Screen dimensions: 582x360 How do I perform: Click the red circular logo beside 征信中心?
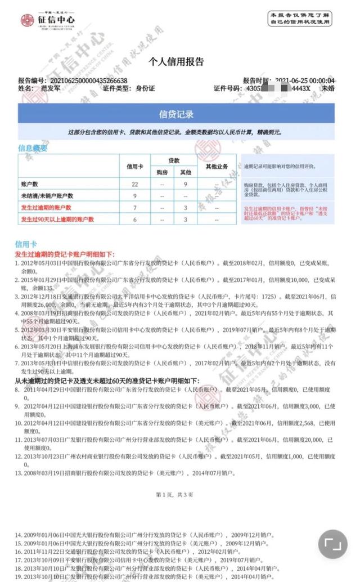coord(27,21)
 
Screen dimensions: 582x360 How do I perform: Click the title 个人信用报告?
coord(175,62)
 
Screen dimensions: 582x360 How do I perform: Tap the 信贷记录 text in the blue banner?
coord(176,114)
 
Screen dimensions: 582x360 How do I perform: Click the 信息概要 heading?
coord(33,149)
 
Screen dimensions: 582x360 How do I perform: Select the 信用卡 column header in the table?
coord(135,167)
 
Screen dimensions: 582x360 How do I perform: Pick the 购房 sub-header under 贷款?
coord(162,172)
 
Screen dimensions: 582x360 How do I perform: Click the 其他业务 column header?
coord(216,167)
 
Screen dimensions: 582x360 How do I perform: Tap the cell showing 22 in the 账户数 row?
coord(135,184)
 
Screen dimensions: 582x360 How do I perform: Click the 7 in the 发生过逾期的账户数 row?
coord(135,208)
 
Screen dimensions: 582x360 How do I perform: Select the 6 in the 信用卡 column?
coord(135,220)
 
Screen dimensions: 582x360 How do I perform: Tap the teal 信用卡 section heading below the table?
coord(26,244)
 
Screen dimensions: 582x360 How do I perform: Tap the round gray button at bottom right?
coord(333,544)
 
